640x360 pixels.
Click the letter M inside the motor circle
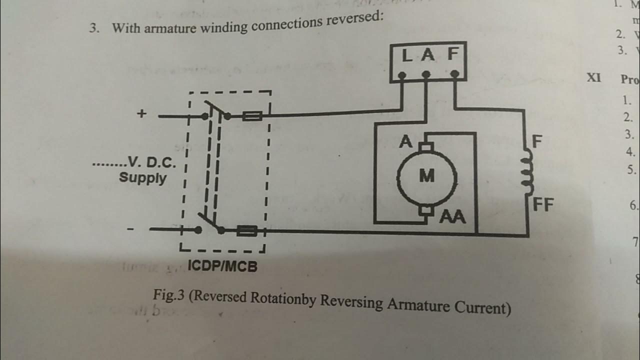(x=426, y=176)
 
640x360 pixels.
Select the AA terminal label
(x=453, y=217)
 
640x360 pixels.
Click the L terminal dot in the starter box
(x=401, y=75)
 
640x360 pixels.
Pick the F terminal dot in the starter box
(x=454, y=74)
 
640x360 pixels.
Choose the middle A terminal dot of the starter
(x=426, y=75)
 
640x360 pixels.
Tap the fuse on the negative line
(x=246, y=231)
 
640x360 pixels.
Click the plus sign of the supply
(x=142, y=114)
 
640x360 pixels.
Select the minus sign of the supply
(x=130, y=229)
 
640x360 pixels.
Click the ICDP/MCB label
(x=222, y=266)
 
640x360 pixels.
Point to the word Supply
(x=142, y=177)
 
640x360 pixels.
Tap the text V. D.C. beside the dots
(x=152, y=162)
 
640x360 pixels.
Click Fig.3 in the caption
(x=169, y=295)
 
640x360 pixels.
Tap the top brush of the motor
(x=426, y=147)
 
